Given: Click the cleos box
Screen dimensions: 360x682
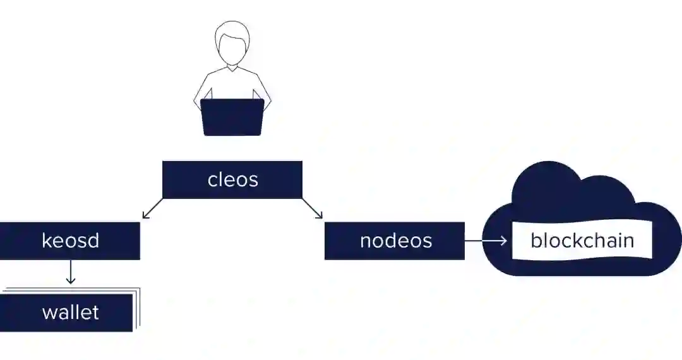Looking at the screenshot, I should click(x=232, y=179).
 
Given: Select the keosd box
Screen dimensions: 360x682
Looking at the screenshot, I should click(x=69, y=241).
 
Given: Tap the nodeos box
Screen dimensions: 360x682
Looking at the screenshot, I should click(x=395, y=241).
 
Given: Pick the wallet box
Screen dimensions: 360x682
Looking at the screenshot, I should click(x=66, y=313).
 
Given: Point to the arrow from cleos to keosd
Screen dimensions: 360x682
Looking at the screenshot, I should click(x=152, y=209).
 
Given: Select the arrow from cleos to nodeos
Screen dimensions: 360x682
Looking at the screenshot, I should click(x=313, y=209).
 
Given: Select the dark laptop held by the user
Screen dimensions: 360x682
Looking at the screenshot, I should click(x=232, y=117).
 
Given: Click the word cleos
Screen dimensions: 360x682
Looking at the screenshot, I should click(x=232, y=179).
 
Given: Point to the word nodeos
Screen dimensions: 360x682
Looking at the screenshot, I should click(x=396, y=241).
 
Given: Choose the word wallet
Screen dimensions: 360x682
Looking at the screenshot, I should click(x=70, y=313).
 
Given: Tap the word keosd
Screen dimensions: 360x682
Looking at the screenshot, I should click(x=70, y=241).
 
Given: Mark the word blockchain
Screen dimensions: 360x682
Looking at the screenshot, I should click(x=582, y=241).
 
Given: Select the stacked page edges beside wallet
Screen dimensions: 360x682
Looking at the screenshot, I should click(x=136, y=309).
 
